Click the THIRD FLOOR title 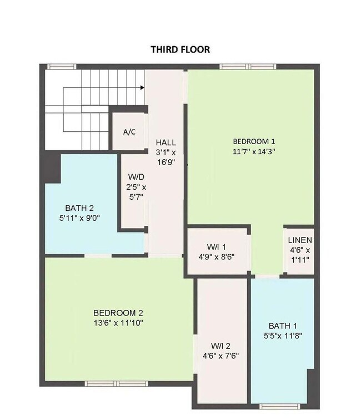click(180, 50)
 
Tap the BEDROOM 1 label click(254, 141)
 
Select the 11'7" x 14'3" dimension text click(254, 151)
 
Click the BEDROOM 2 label click(118, 313)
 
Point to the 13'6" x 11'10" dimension click(118, 323)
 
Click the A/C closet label click(129, 132)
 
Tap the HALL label click(166, 142)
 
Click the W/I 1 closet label click(216, 247)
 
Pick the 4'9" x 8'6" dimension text click(216, 257)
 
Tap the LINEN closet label click(300, 240)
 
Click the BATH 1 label click(283, 326)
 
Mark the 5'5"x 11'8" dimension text click(283, 336)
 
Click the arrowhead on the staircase click(142, 87)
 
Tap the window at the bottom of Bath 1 click(278, 406)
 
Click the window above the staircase click(61, 67)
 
